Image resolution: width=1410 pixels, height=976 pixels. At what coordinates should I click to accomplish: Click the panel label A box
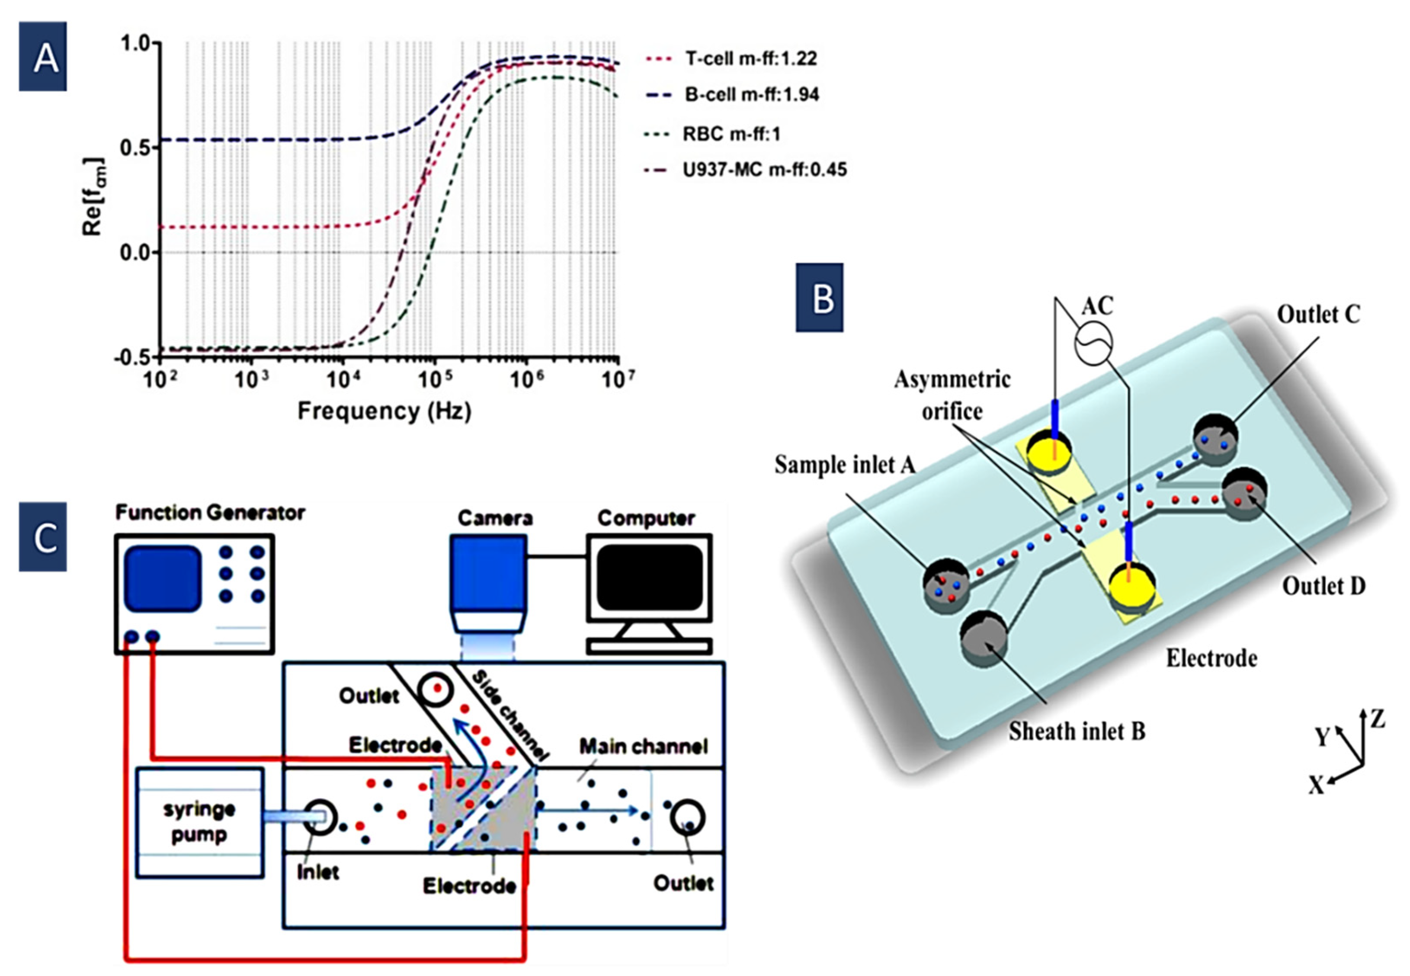43,57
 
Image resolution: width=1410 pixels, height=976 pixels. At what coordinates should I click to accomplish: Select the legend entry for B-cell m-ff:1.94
751,95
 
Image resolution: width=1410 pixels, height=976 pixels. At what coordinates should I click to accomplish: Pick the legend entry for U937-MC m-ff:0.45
764,170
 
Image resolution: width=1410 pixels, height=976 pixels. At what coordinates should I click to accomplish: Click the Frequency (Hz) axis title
384,411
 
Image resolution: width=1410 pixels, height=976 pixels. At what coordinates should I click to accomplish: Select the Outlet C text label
1318,315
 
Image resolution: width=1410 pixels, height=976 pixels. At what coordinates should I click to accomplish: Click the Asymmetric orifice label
952,395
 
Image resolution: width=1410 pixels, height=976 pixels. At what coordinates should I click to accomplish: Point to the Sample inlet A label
845,465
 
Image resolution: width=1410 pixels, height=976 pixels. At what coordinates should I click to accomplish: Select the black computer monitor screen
649,577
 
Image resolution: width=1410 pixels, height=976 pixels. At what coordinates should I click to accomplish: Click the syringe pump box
199,822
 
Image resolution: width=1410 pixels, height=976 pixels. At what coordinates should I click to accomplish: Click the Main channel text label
643,747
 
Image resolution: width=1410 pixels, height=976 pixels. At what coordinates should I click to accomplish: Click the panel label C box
43,537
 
